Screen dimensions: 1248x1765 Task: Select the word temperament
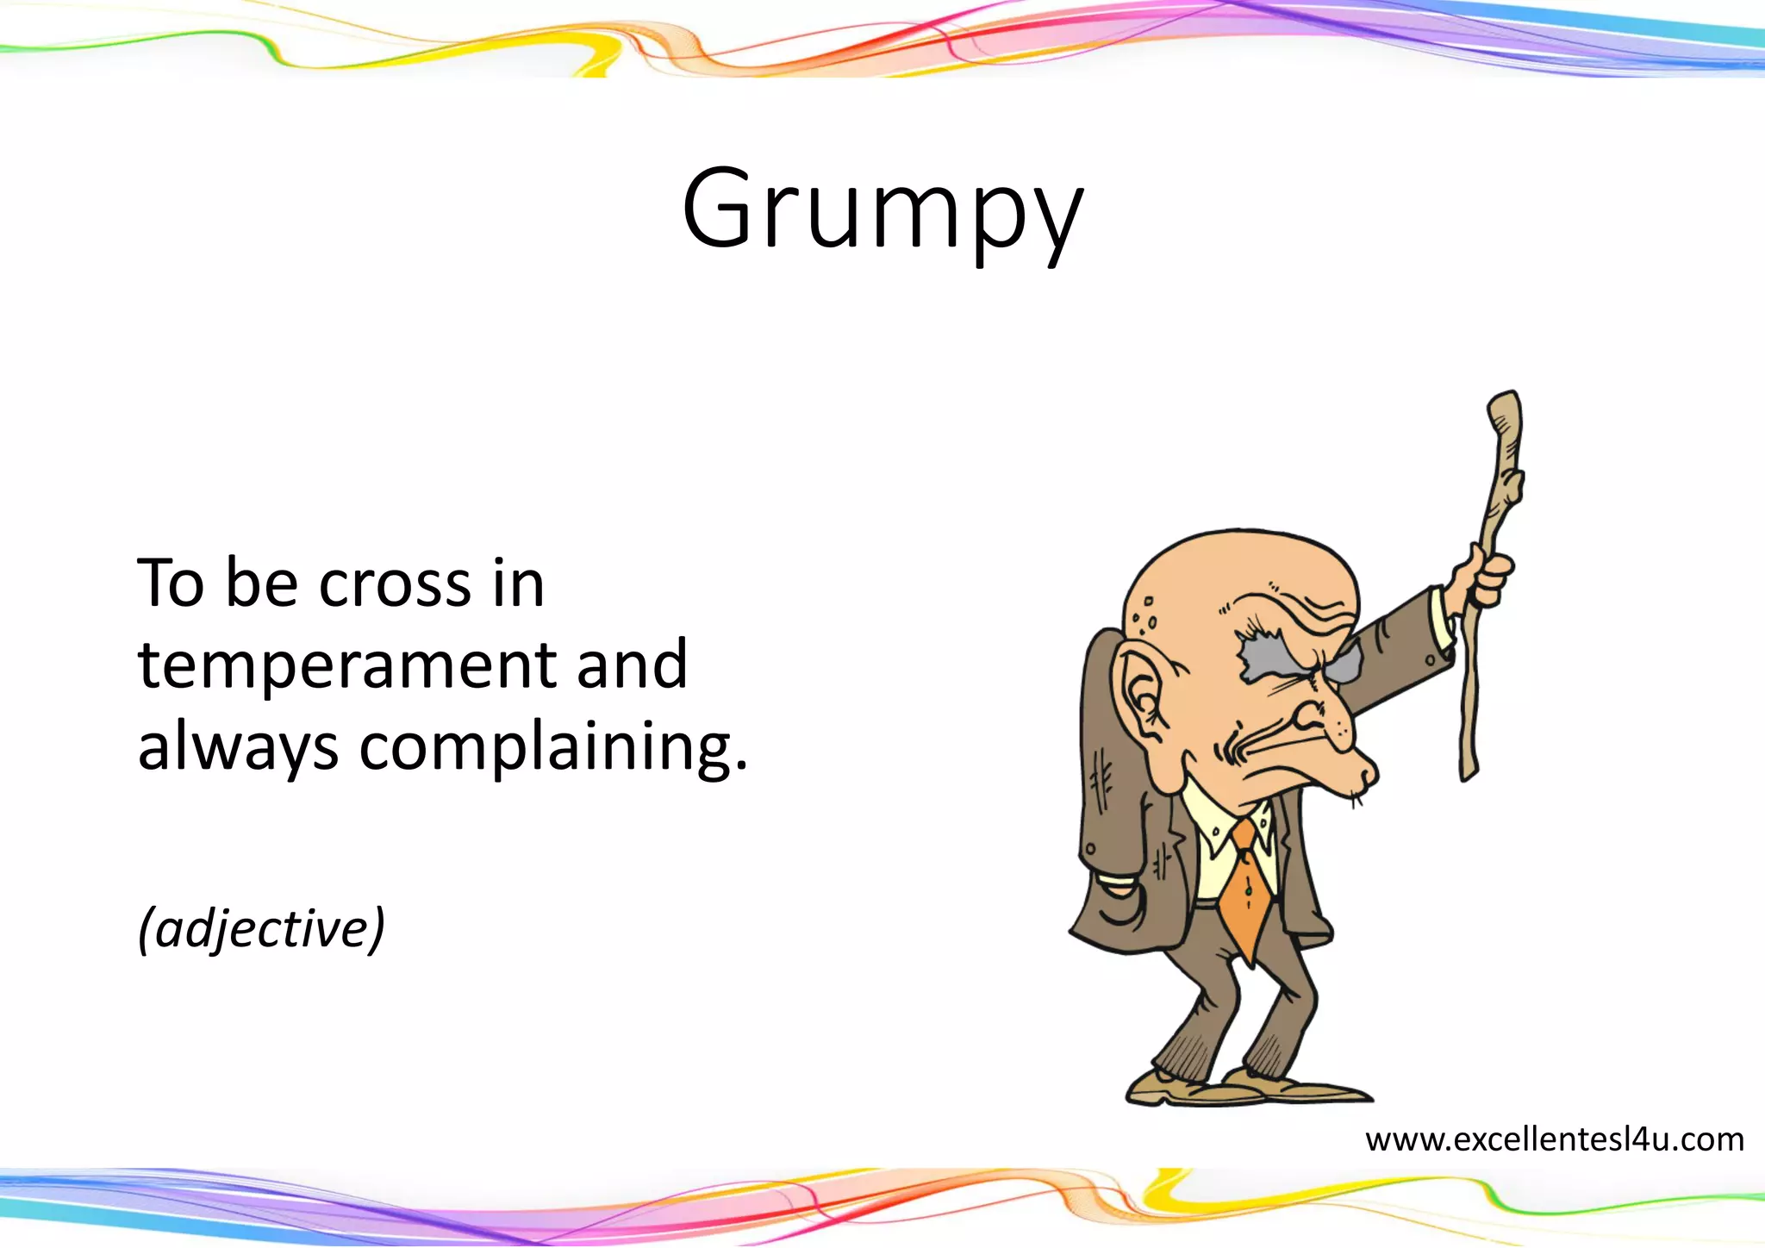[345, 665]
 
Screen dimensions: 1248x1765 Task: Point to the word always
[238, 748]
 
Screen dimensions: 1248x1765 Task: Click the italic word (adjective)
[261, 929]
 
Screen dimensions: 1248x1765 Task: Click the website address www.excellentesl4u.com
[1554, 1139]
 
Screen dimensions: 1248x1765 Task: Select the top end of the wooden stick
[1505, 405]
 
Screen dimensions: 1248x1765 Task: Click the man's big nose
[1332, 728]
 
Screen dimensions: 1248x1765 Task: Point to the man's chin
[1366, 776]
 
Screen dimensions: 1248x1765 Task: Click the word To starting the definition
[171, 584]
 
